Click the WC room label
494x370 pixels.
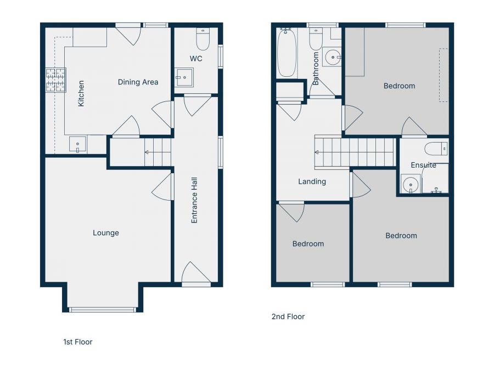tap(196, 58)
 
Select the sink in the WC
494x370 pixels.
tap(184, 78)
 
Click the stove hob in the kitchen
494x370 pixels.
tap(55, 79)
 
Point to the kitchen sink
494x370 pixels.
tap(77, 145)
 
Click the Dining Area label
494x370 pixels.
tap(138, 82)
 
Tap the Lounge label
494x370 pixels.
tap(105, 233)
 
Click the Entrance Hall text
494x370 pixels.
tap(194, 200)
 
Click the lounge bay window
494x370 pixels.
tap(103, 310)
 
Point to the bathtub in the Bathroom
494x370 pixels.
tap(287, 54)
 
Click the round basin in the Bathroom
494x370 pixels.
tap(332, 56)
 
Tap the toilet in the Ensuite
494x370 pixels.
tap(436, 149)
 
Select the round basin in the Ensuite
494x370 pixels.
tap(409, 185)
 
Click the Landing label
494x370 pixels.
tap(312, 181)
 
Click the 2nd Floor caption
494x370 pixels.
tap(288, 317)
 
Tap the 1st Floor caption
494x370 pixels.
tap(78, 342)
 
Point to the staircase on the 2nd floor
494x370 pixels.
tap(355, 151)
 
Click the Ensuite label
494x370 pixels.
tap(423, 165)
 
